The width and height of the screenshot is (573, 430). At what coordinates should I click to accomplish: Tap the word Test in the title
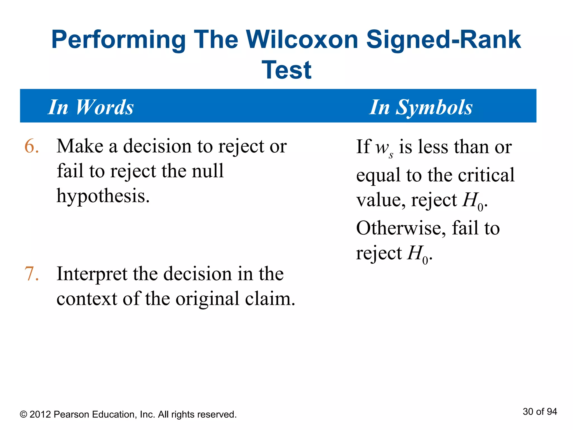point(286,70)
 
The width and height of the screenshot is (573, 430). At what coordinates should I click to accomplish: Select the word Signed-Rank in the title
point(443,40)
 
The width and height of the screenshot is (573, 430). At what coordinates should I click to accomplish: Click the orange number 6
point(31,146)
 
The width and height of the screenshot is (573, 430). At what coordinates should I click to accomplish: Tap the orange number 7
point(31,274)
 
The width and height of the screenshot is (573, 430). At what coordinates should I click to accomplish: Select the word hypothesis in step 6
point(103,196)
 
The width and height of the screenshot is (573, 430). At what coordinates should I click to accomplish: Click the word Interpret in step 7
point(92,274)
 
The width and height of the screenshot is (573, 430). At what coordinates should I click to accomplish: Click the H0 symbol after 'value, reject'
point(473,201)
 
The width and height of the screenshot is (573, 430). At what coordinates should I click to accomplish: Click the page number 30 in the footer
point(528,412)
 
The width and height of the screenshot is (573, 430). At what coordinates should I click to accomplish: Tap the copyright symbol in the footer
point(24,415)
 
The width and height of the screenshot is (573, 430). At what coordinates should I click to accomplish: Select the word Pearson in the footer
point(71,415)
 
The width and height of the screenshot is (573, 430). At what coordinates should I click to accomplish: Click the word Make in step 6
point(80,146)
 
